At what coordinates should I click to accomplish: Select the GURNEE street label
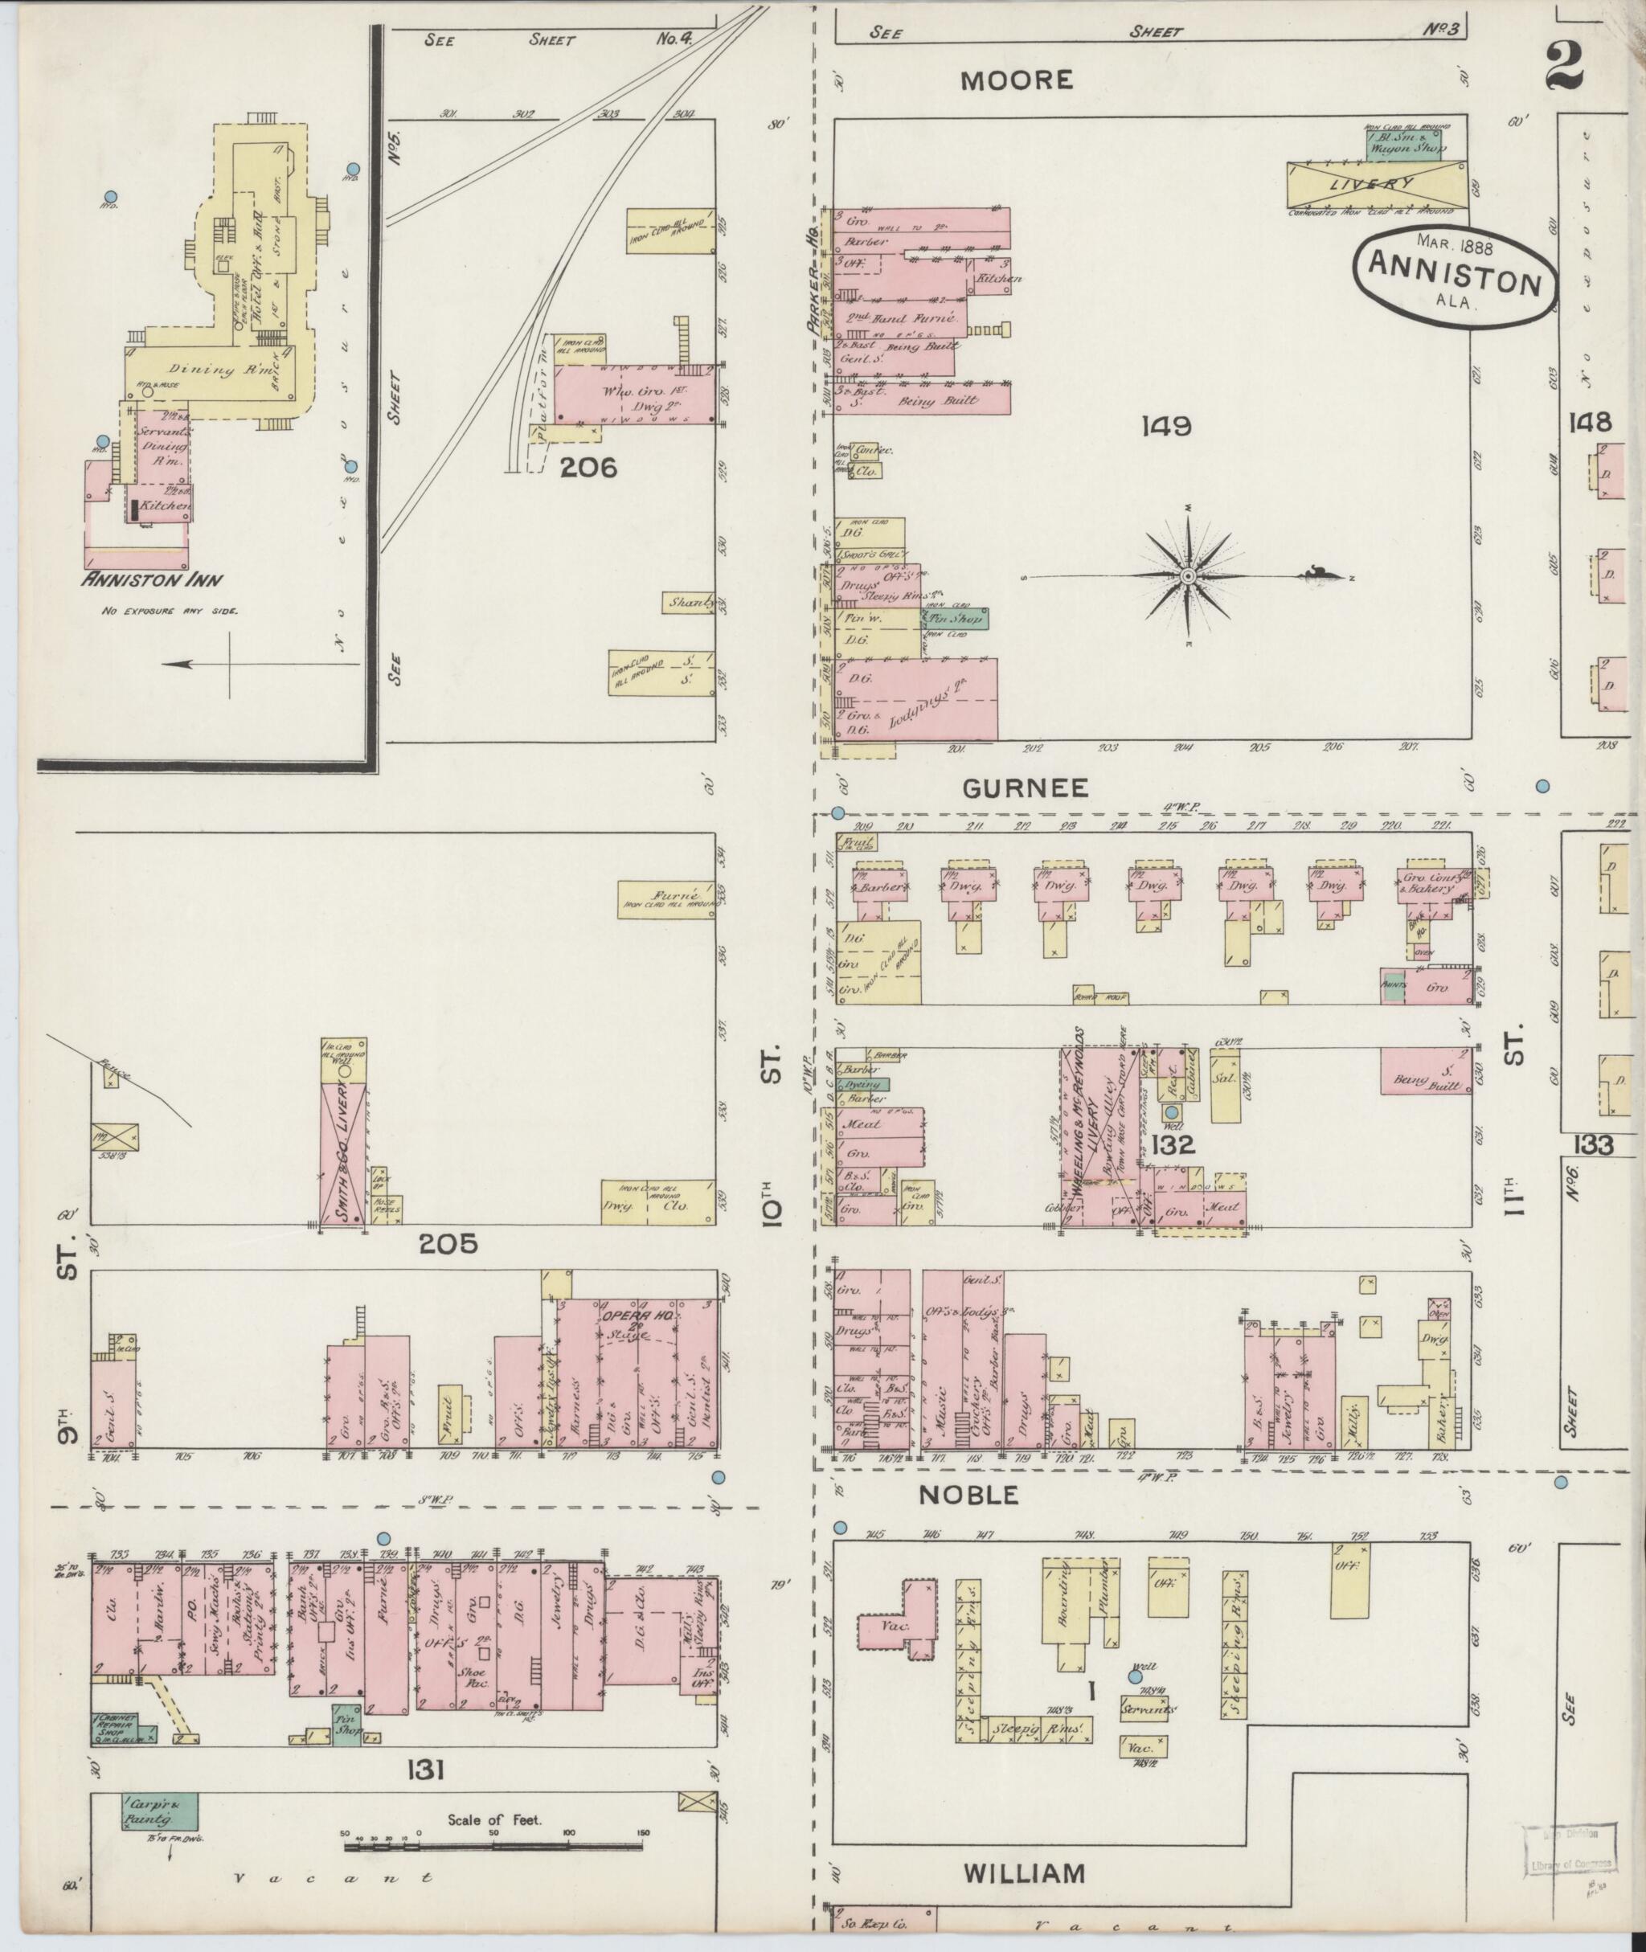point(1026,788)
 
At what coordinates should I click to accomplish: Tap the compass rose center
point(1188,578)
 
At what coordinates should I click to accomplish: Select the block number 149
point(1166,427)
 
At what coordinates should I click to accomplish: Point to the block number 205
point(448,1243)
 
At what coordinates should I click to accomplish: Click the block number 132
point(1172,1144)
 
